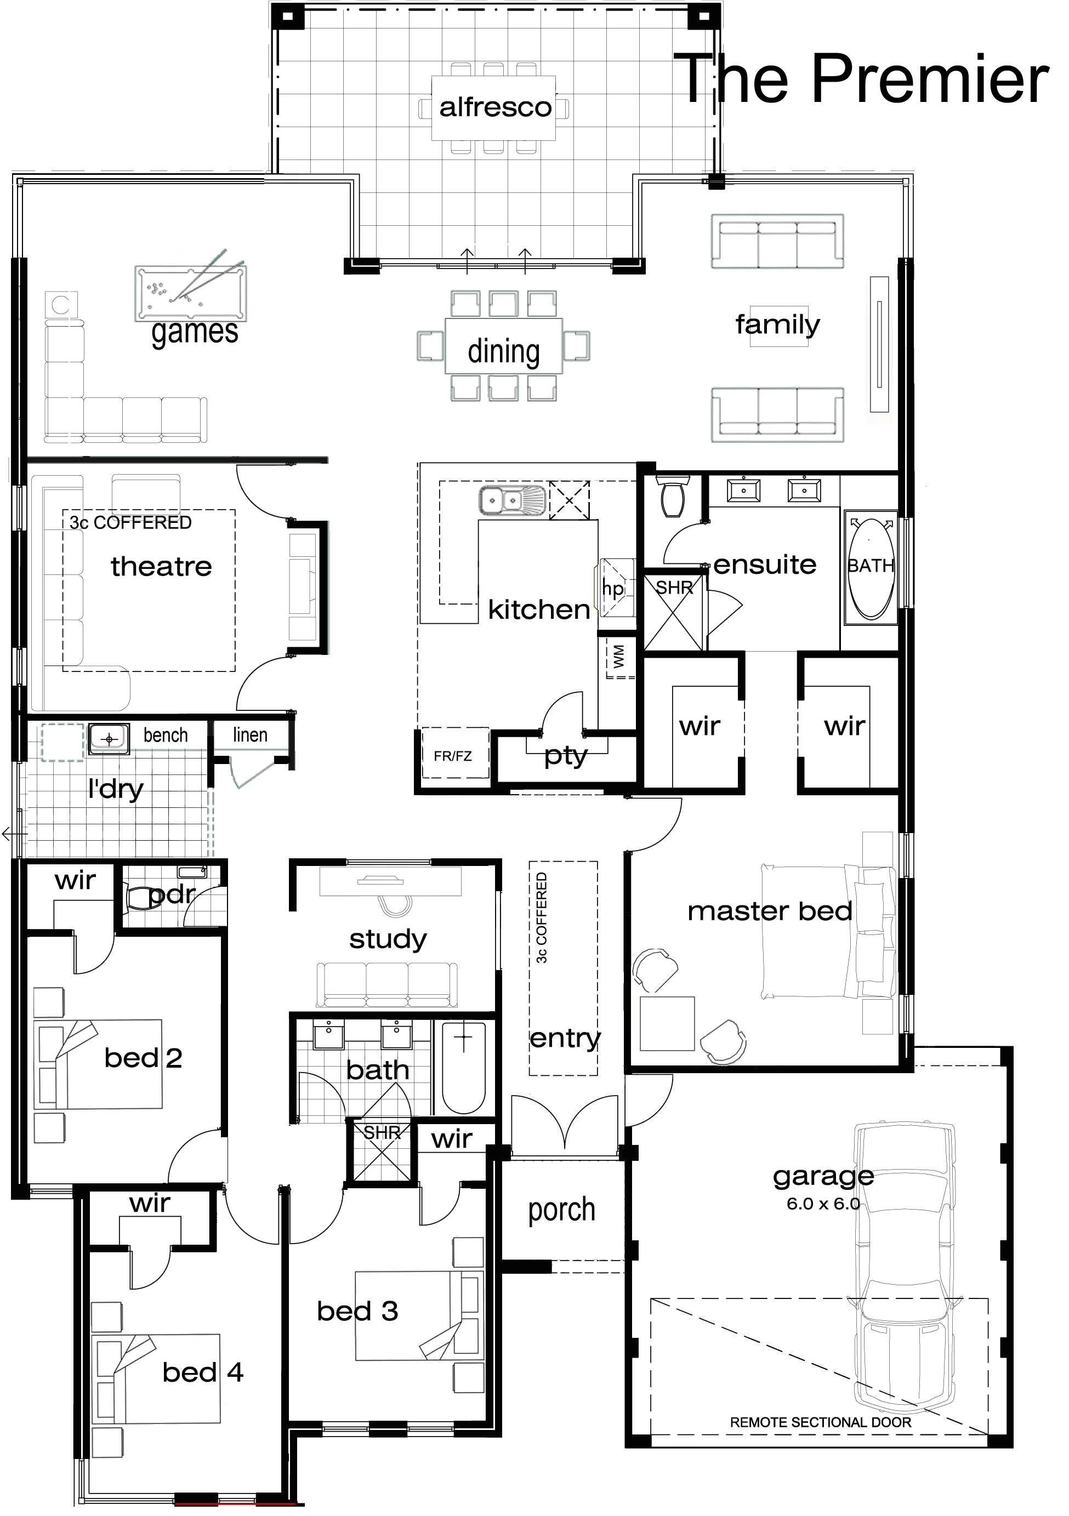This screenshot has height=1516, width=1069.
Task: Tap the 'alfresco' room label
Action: pyautogui.click(x=495, y=107)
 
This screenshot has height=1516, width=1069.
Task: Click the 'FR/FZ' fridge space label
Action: pyautogui.click(x=453, y=756)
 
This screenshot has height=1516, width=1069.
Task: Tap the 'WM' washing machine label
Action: pyautogui.click(x=619, y=657)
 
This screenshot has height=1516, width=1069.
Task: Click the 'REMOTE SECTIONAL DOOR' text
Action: pyautogui.click(x=820, y=1422)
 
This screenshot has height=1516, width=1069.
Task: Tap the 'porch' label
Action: pyautogui.click(x=561, y=1210)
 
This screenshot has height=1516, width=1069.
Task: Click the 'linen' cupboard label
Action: pyautogui.click(x=250, y=735)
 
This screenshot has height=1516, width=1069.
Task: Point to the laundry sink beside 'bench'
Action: pyautogui.click(x=110, y=738)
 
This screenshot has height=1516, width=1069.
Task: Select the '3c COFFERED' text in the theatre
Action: pyautogui.click(x=130, y=522)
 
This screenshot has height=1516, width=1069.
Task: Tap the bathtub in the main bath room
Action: pyautogui.click(x=464, y=1068)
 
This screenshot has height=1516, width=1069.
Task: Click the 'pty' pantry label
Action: pyautogui.click(x=566, y=756)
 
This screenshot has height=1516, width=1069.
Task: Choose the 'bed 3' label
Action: pyautogui.click(x=357, y=1310)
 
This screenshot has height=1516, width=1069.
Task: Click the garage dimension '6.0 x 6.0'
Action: pyautogui.click(x=823, y=1203)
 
